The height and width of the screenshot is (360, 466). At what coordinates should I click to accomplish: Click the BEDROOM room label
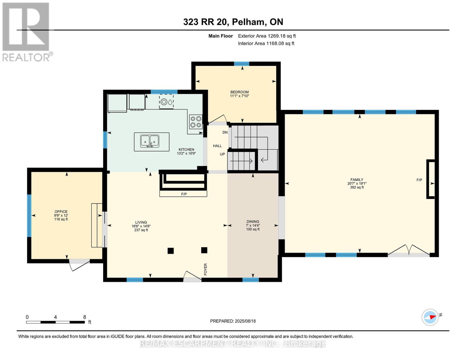[239, 92]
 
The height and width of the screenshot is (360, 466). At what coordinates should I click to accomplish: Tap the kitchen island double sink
[150, 141]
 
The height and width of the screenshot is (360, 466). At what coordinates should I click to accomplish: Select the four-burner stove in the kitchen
[196, 122]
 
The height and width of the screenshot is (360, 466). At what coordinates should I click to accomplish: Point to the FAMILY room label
[357, 180]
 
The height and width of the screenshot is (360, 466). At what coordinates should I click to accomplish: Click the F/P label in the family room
[419, 180]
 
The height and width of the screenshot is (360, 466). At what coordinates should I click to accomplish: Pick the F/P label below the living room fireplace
[184, 194]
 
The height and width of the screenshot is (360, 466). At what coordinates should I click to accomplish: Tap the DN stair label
[225, 132]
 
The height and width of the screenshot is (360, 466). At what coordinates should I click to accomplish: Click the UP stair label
[222, 154]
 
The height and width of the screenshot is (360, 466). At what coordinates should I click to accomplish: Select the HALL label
[217, 146]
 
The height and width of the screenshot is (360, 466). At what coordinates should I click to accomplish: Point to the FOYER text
[206, 269]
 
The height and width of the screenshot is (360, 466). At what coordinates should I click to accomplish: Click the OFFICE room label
[61, 211]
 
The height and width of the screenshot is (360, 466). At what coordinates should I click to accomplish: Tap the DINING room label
[253, 221]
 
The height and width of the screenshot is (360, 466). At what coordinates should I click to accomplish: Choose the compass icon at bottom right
[430, 317]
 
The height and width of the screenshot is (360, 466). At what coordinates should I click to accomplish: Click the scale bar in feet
[56, 322]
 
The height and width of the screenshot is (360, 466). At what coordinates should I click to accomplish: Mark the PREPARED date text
[233, 321]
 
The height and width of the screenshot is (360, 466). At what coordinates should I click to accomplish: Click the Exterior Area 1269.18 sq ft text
[267, 36]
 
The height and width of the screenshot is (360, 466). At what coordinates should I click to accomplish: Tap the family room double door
[409, 250]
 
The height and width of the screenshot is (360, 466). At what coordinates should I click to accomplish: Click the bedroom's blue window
[242, 64]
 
